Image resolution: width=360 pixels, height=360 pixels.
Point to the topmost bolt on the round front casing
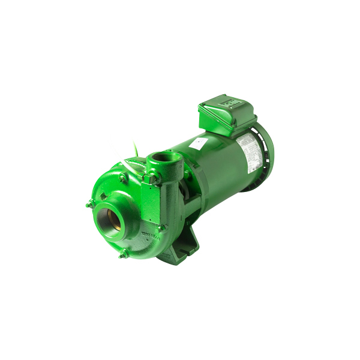pyautogui.click(x=123, y=177)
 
